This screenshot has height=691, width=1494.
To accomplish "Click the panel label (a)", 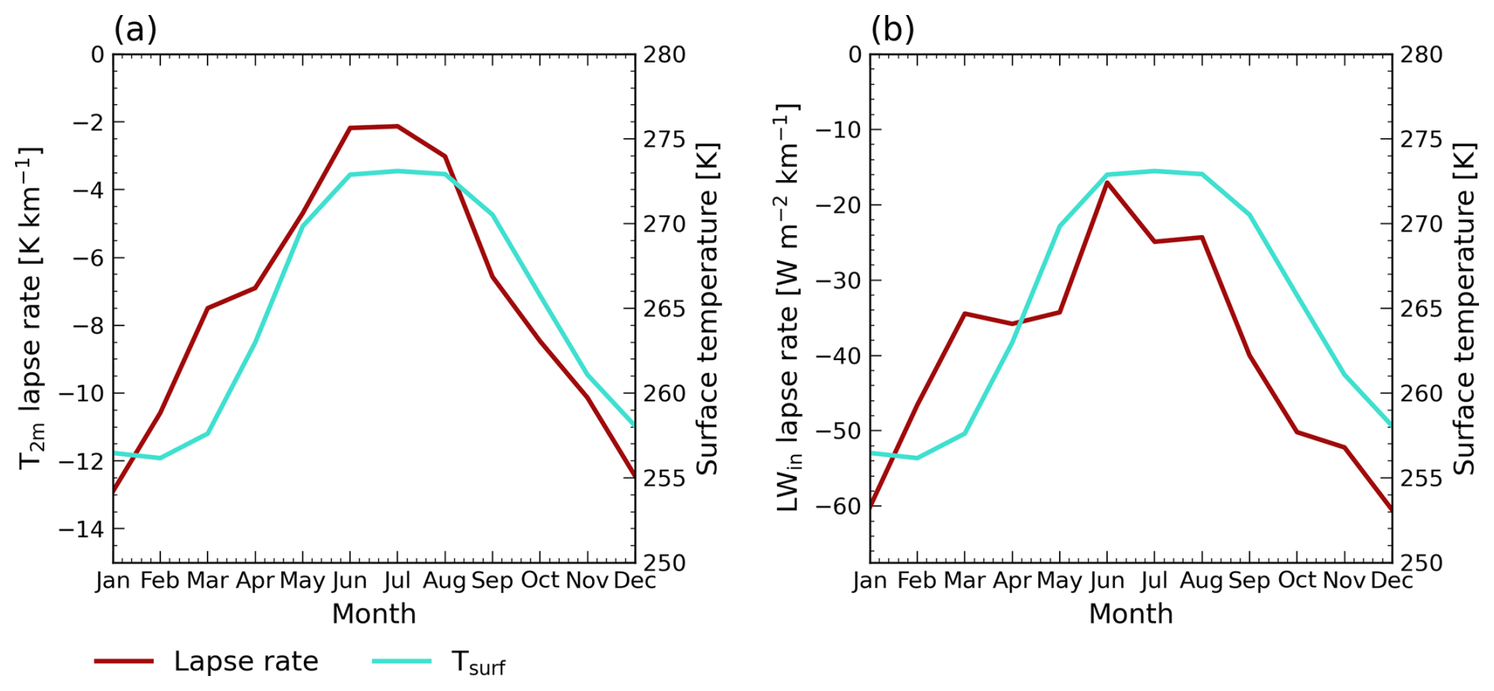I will (x=135, y=30).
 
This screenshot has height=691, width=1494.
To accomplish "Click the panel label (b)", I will (x=892, y=30).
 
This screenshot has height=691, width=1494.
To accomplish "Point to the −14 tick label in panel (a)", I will (x=81, y=529).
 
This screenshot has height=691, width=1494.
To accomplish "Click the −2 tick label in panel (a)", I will (x=87, y=122).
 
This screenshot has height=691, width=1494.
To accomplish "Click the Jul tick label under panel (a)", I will (x=396, y=581).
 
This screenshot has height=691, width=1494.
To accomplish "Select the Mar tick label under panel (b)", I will (x=964, y=581).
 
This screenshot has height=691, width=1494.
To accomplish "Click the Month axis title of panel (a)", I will (x=373, y=614).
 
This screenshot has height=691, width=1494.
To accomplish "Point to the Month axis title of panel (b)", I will (x=1131, y=614).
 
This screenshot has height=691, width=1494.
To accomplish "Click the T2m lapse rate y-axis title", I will (x=31, y=308).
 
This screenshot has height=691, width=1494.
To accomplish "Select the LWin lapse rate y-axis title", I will (x=788, y=308).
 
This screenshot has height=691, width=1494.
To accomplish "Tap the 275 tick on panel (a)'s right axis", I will (x=665, y=140).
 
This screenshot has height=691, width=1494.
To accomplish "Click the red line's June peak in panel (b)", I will (x=1107, y=182).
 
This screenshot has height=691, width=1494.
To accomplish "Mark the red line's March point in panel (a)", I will (x=208, y=308).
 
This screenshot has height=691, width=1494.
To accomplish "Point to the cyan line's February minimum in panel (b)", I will (x=917, y=457).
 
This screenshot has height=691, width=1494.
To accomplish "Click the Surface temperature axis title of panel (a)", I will (x=707, y=308).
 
